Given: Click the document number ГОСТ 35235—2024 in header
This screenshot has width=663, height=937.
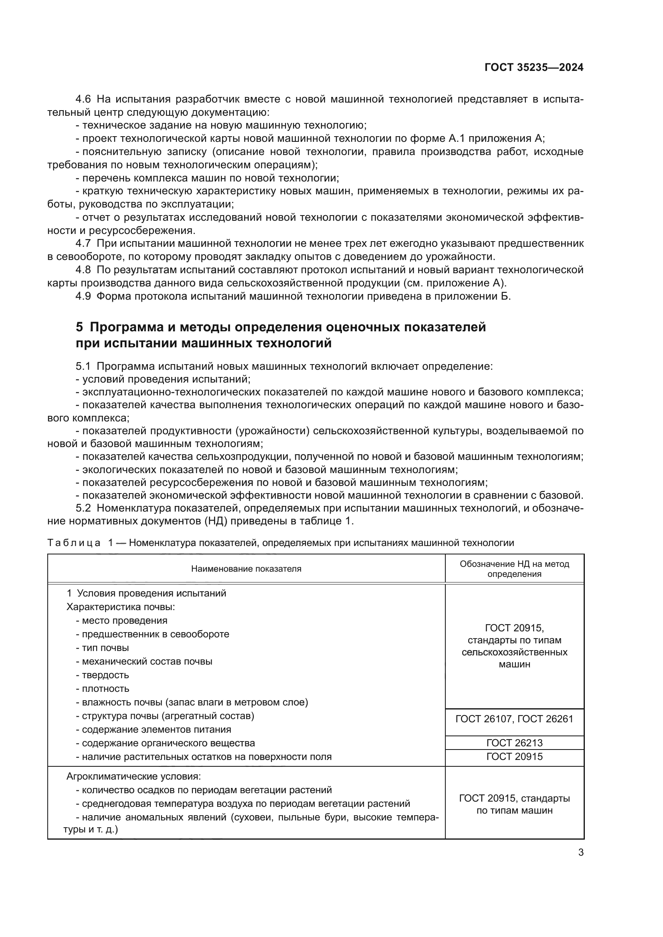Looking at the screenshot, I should click(534, 67).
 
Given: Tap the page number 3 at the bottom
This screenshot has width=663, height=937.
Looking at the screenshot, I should click(580, 852).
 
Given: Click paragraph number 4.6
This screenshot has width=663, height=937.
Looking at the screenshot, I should click(83, 99).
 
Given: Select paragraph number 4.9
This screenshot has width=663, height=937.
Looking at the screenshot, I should click(83, 296).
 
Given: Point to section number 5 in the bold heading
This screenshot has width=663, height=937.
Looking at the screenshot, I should click(79, 327).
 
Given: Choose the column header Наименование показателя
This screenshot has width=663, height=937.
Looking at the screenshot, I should click(246, 568).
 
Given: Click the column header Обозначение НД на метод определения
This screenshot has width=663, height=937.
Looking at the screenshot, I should click(514, 568).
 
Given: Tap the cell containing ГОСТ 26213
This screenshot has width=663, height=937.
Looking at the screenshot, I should click(514, 743).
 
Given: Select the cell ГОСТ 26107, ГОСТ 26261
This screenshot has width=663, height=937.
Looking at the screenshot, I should click(514, 719).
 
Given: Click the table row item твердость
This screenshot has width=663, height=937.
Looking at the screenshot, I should click(105, 675).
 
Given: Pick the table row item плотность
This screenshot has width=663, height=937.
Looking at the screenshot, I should click(105, 689).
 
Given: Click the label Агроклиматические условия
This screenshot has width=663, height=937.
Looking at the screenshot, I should click(133, 776).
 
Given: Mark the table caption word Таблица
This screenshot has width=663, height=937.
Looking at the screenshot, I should click(74, 543).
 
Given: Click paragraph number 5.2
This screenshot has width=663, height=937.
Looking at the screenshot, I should click(83, 508).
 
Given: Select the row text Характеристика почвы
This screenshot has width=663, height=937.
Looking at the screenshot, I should click(120, 607).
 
